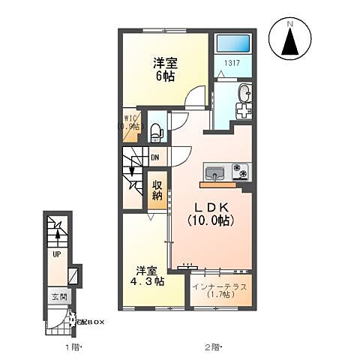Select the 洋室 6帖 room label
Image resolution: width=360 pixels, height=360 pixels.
click(165, 69)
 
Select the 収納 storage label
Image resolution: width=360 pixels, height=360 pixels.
click(157, 189)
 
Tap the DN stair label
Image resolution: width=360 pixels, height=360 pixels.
click(154, 157)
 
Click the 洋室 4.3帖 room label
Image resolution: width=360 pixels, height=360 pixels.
click(146, 277)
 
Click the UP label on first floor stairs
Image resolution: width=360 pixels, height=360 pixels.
click(56, 254)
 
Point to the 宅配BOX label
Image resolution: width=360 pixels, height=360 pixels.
click(89, 322)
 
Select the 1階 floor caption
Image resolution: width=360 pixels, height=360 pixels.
click(71, 348)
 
